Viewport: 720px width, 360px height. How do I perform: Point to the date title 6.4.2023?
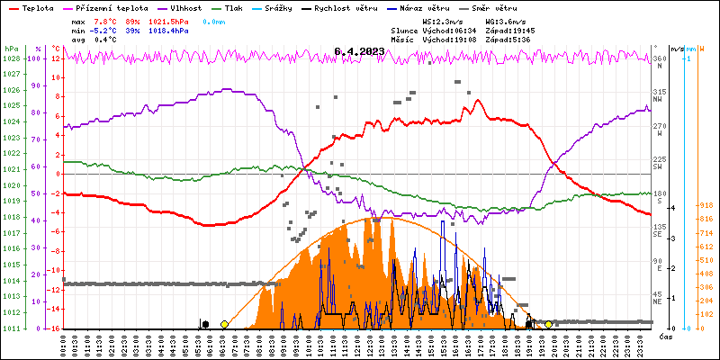tap(359, 51)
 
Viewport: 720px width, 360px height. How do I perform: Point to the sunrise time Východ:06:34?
tap(450, 31)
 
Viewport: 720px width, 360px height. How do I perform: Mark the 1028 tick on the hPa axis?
tap(11, 58)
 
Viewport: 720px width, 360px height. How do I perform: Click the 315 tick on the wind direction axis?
tap(659, 93)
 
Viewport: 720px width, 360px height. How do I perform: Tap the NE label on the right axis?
tap(658, 302)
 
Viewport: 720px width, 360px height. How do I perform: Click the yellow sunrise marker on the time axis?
tap(224, 325)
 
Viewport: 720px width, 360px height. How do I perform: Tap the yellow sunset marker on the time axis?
tap(549, 325)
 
